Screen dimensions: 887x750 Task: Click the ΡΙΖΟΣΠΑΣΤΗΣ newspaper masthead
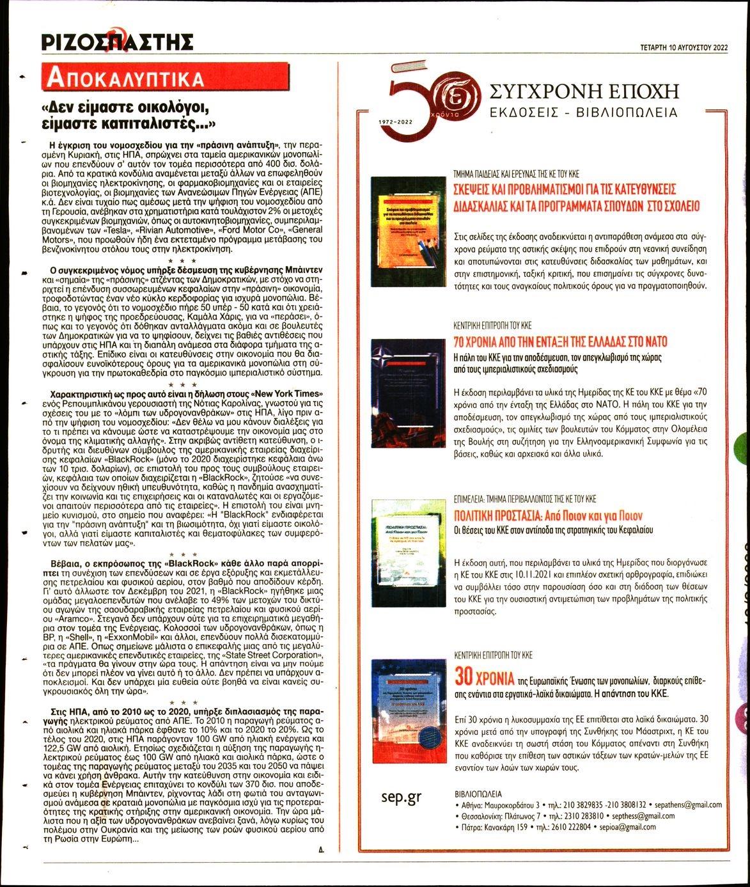(116, 42)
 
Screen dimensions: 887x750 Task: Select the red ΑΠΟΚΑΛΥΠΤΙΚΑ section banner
(126, 78)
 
